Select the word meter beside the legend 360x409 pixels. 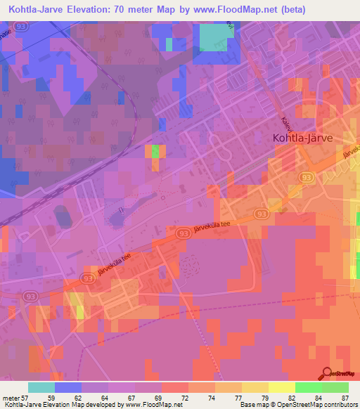coord(9,398)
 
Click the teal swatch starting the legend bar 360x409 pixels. coord(41,387)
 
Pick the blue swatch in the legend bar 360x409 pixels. coord(68,387)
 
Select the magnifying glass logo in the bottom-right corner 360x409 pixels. coord(326,373)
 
